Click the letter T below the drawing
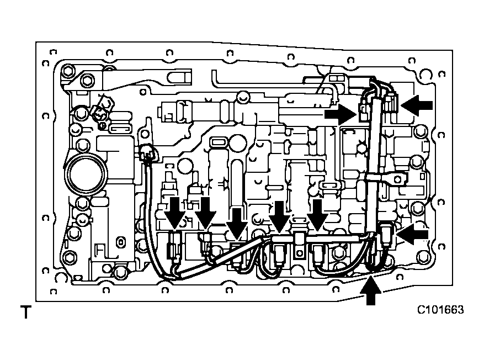(24, 313)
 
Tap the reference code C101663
(440, 310)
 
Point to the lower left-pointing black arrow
(413, 234)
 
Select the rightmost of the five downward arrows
(317, 214)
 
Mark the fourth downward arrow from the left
(278, 215)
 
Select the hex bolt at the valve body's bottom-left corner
(70, 257)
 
